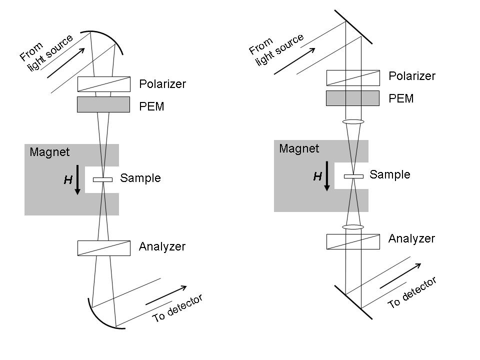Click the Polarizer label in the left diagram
[162, 84]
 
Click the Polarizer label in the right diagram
[412, 76]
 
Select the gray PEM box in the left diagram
[103, 104]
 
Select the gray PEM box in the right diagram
[352, 98]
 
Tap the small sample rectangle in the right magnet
[353, 176]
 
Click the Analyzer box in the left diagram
[103, 248]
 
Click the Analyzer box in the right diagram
[352, 241]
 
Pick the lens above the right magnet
[353, 121]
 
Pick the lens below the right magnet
[353, 227]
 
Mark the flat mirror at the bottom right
[353, 302]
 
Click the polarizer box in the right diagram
[352, 77]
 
